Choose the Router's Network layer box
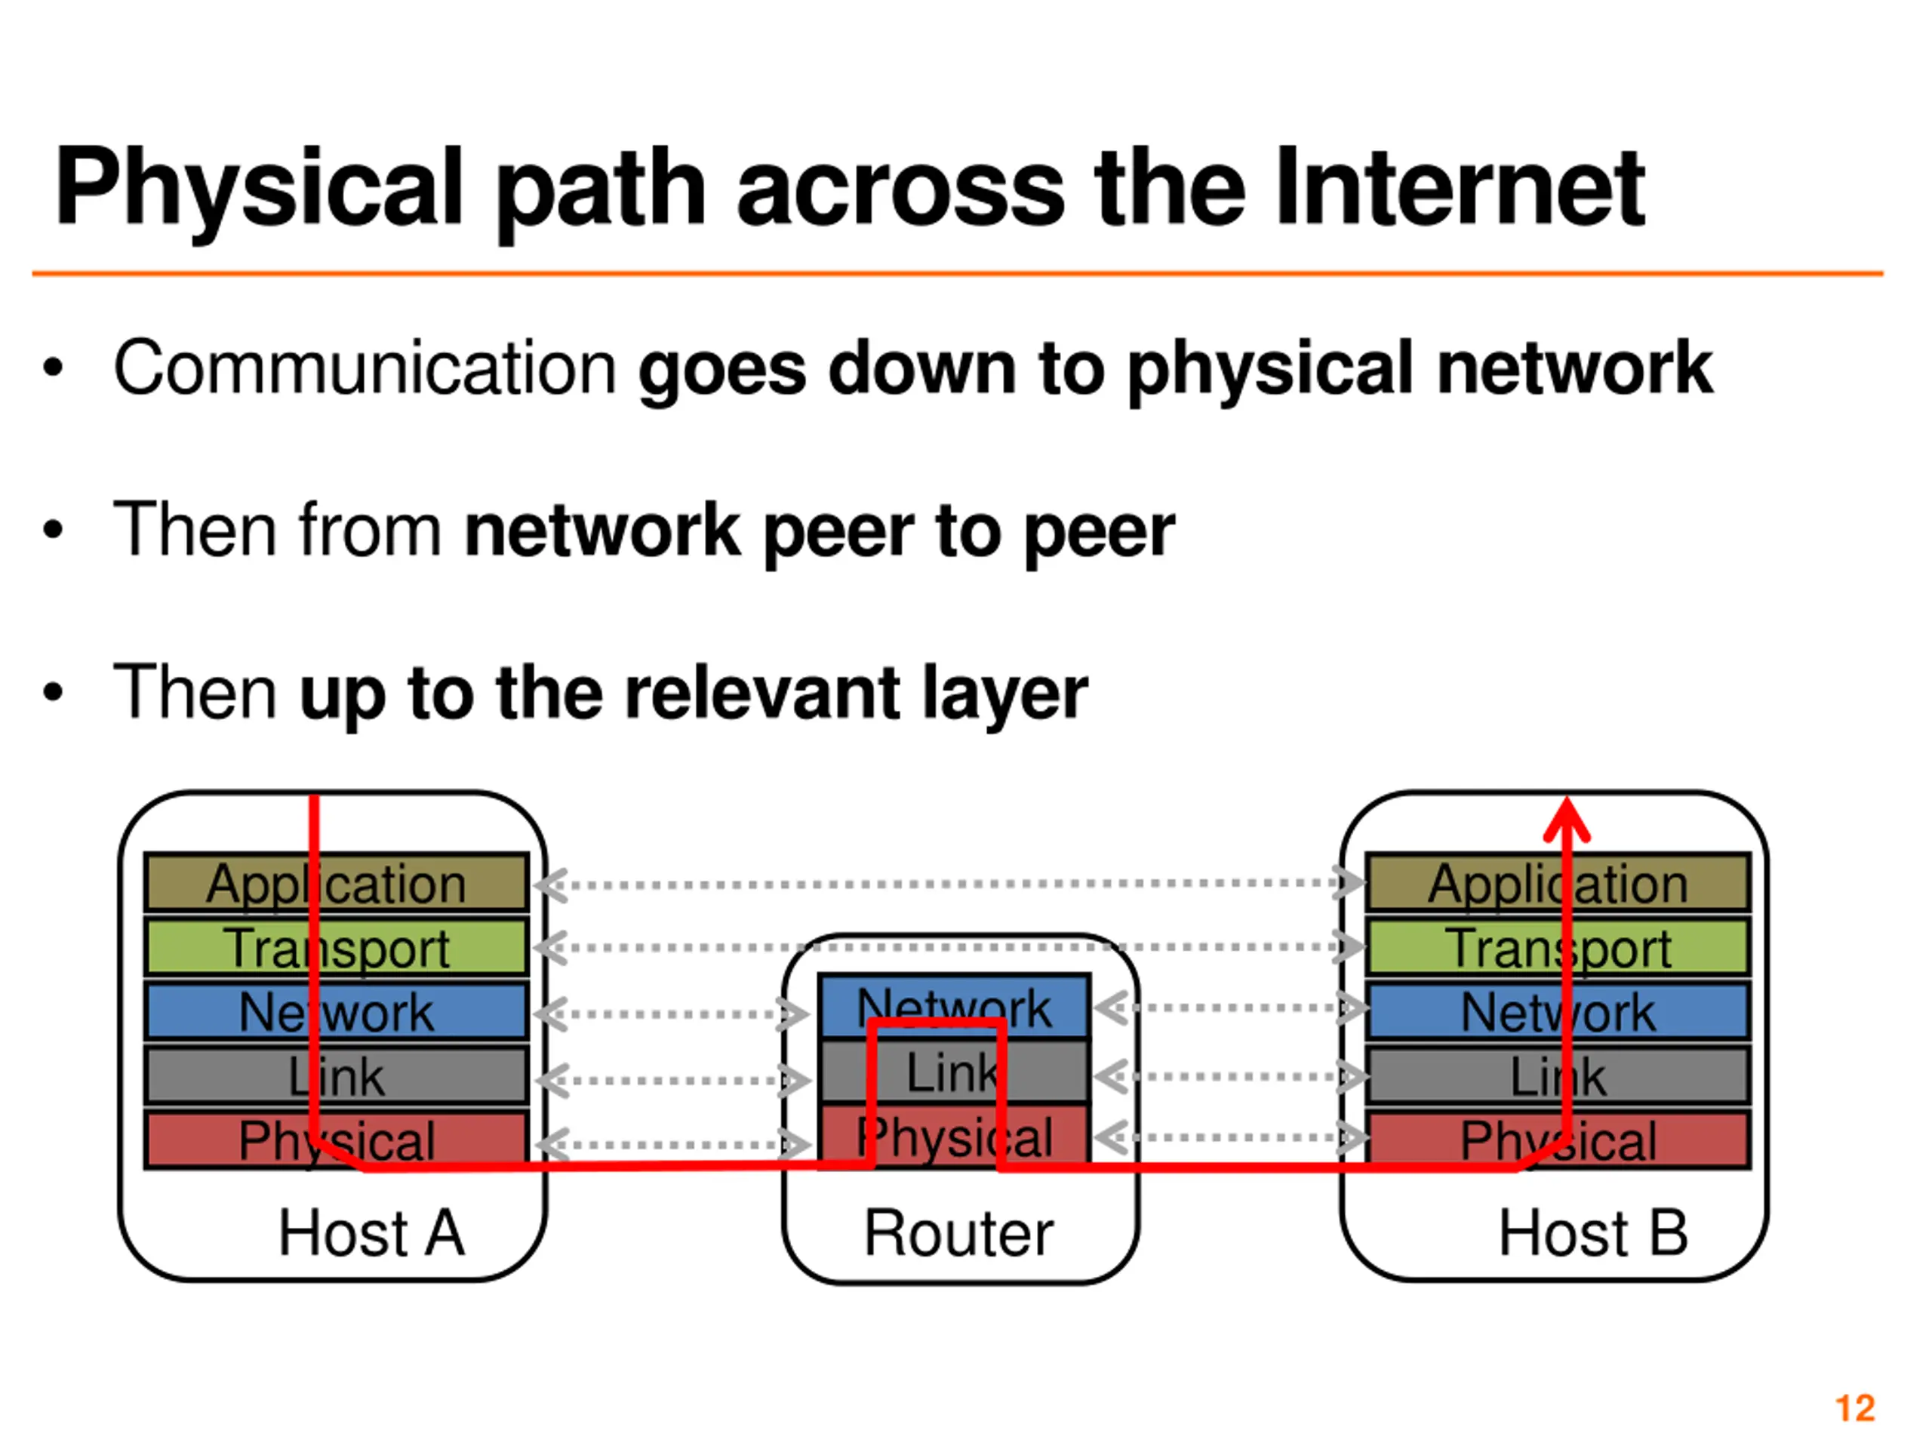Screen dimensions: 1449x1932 point(954,1004)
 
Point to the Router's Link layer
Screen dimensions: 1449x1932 point(954,1072)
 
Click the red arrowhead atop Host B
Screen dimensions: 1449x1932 point(1567,820)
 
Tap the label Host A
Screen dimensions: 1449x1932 point(371,1233)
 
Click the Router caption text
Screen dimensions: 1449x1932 point(958,1233)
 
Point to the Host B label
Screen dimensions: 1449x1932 point(1592,1233)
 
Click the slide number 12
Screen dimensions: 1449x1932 point(1855,1408)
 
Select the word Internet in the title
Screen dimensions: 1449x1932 point(1459,188)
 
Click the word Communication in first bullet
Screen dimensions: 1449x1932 point(365,368)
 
